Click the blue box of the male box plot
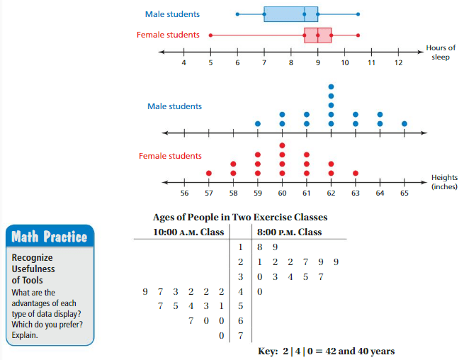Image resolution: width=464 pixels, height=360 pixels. (x=290, y=13)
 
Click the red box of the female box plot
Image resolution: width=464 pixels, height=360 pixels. (x=318, y=35)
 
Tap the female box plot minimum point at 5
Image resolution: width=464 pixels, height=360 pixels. (x=210, y=35)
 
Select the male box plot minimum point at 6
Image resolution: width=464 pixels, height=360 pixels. (x=237, y=13)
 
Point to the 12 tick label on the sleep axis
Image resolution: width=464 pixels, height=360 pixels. (x=398, y=63)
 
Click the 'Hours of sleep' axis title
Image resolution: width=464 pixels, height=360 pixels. (x=441, y=52)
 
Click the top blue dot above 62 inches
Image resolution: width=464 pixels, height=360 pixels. (x=331, y=86)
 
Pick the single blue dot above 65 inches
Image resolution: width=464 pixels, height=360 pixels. (x=404, y=123)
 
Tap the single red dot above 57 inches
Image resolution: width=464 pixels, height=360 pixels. (x=208, y=172)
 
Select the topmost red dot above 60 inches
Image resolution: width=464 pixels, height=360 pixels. (x=282, y=145)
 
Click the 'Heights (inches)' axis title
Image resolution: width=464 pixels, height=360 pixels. (x=443, y=182)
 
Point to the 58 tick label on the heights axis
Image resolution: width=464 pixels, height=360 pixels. (x=233, y=192)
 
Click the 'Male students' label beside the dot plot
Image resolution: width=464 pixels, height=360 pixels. (x=174, y=106)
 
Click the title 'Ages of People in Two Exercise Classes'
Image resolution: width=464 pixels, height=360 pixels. (x=240, y=218)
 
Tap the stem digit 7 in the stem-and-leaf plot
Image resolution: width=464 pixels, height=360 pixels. (x=240, y=336)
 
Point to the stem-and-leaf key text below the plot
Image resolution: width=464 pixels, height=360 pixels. (x=327, y=351)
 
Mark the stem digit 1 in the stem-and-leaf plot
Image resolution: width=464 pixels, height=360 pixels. (x=240, y=247)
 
